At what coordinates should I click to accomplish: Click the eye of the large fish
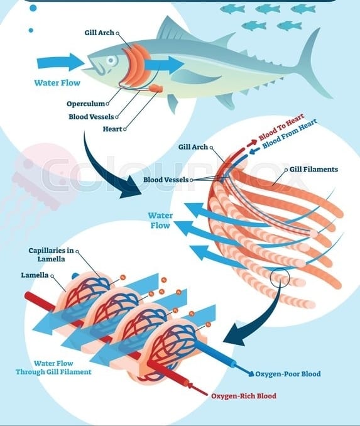point(111,60)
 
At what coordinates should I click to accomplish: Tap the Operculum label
point(85,104)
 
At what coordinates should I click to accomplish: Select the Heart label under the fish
point(112,129)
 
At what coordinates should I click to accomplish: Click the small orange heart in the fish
point(156,89)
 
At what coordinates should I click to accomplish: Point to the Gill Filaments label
point(314,169)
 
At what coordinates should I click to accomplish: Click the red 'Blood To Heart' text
point(281,127)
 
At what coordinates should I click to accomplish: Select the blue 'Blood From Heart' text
point(290,134)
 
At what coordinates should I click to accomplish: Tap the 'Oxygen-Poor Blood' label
point(288,374)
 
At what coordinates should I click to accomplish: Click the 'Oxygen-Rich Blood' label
point(244,396)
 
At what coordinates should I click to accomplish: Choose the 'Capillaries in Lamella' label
point(51,254)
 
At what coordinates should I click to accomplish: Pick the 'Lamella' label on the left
point(35,275)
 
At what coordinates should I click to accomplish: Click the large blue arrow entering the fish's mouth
point(61,62)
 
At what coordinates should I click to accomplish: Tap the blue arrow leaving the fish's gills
point(164,65)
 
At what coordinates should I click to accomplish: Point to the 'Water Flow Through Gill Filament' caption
point(53,368)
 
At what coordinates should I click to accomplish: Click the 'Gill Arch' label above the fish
point(99,33)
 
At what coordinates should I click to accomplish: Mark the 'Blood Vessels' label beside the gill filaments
point(166,180)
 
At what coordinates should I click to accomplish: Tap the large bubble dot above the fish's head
point(33,8)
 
